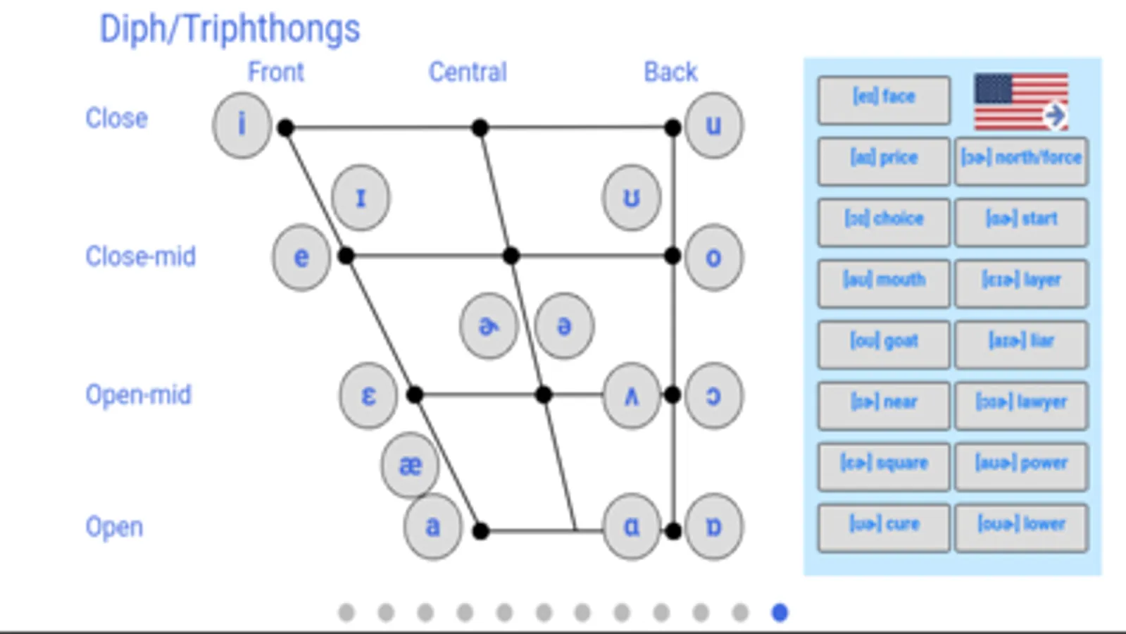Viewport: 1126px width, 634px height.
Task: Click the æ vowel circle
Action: click(411, 465)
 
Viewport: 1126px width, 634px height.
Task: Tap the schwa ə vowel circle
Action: click(564, 326)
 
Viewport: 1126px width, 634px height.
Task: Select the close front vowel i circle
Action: click(242, 125)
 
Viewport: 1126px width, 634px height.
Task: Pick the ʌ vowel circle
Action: click(632, 396)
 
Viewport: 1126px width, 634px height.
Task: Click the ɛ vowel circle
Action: click(368, 396)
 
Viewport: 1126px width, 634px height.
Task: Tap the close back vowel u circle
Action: click(713, 125)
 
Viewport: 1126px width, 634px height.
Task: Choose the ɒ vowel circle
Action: click(713, 526)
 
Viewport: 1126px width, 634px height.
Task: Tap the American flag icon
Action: click(1021, 101)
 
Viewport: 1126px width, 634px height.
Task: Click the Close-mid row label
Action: click(140, 256)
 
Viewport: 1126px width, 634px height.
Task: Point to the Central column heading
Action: click(468, 72)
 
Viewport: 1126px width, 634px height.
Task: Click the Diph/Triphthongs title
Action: click(230, 30)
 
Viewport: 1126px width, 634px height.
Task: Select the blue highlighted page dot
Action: click(780, 613)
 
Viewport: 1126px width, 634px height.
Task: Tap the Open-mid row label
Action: click(138, 395)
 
